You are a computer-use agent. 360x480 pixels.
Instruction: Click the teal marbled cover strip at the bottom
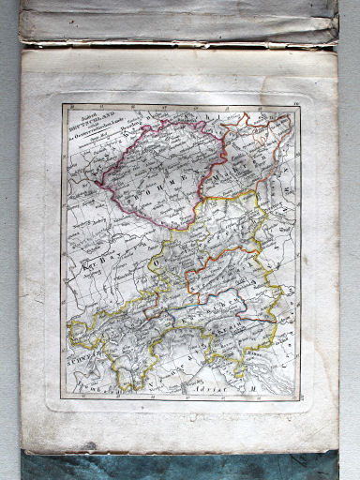click(x=178, y=467)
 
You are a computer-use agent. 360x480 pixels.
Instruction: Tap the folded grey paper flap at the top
click(x=178, y=23)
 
